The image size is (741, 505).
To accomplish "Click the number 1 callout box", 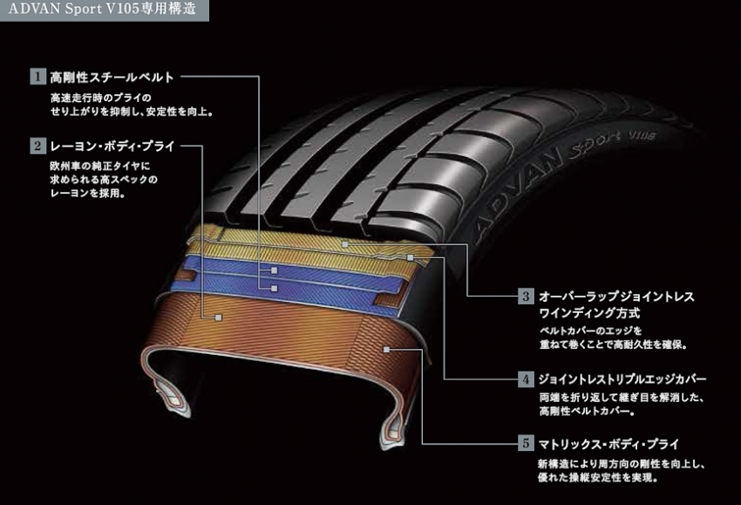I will click(37, 76).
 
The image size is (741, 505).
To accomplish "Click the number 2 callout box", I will click(37, 147).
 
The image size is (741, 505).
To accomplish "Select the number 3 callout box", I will click(526, 296).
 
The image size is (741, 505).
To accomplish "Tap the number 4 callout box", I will click(526, 379).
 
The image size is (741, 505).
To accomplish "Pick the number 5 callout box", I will click(526, 443).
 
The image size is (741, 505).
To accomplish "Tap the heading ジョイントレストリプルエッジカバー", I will click(622, 379).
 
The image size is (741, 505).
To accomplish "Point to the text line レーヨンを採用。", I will click(87, 195).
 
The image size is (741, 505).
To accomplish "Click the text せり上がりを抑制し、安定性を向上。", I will click(132, 112).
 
